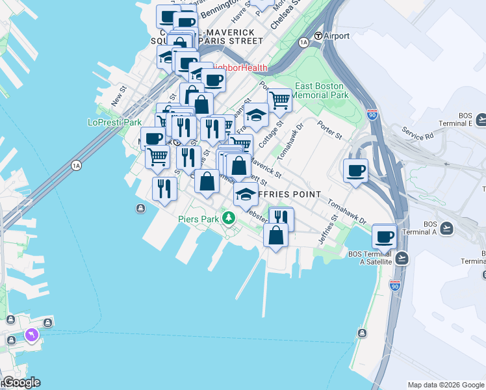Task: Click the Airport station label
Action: [336, 36]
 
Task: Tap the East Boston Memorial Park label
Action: [322, 90]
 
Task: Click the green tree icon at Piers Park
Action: [228, 217]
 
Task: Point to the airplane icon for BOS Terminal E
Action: [481, 120]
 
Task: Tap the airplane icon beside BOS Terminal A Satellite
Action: [402, 257]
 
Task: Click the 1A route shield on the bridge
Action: [77, 166]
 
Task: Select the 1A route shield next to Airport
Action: [303, 42]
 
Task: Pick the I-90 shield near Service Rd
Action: [372, 114]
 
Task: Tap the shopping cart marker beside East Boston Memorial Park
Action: [279, 100]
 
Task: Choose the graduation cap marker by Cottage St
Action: [257, 115]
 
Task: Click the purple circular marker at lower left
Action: [30, 335]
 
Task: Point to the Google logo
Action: [21, 382]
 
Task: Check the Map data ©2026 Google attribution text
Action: [446, 385]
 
